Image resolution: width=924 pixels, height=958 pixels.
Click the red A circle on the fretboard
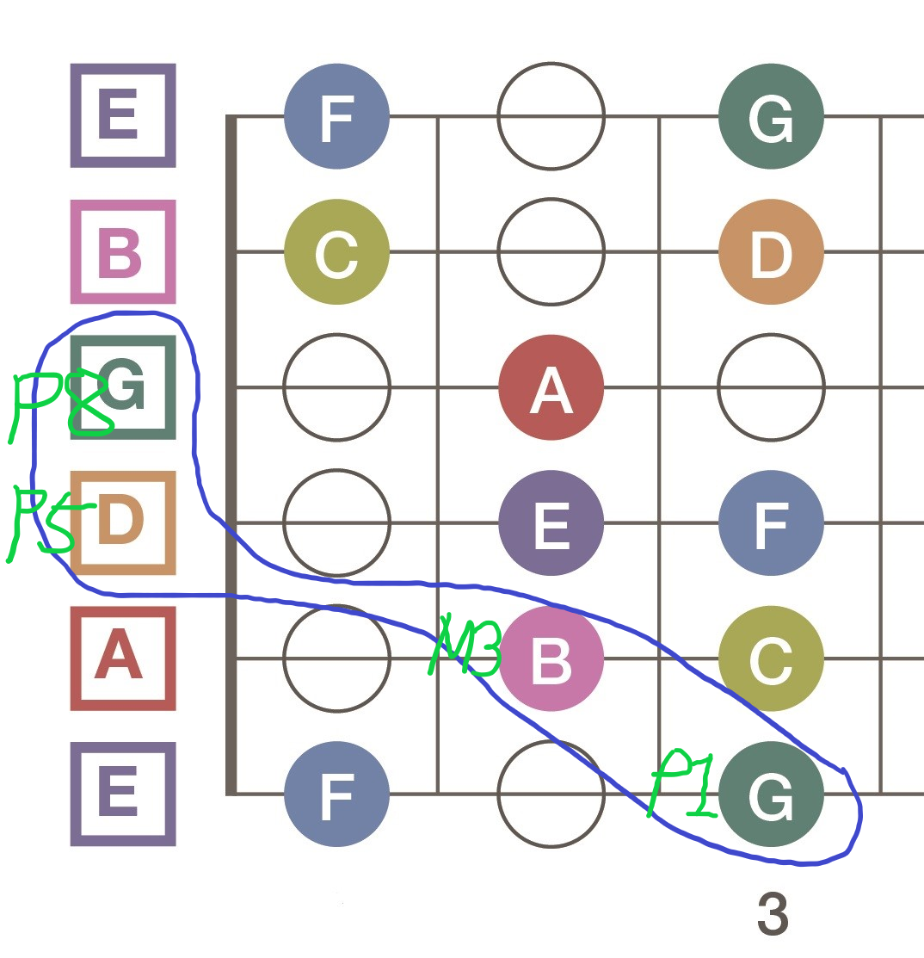point(551,387)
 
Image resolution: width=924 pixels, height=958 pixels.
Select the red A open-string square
point(123,658)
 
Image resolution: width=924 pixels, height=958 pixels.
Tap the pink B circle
point(551,658)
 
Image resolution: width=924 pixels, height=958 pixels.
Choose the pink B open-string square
point(123,252)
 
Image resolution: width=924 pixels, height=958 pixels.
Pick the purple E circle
point(551,522)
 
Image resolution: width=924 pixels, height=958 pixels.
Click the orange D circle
point(771,252)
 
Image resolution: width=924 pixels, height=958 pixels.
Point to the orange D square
point(123,522)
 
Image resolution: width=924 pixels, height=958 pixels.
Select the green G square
point(123,387)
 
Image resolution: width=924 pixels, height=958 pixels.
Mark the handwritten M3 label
point(465,646)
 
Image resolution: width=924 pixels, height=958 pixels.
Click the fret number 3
point(773,914)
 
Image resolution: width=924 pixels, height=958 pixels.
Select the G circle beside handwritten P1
point(771,794)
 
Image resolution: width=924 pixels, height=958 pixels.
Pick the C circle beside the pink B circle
point(771,658)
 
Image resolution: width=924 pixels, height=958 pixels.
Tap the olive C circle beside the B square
point(336,252)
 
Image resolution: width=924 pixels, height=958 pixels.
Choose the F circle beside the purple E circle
point(771,522)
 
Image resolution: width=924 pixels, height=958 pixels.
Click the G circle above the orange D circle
point(771,117)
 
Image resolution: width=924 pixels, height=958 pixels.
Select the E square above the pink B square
point(123,115)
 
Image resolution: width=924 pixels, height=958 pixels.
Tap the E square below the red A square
point(123,794)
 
